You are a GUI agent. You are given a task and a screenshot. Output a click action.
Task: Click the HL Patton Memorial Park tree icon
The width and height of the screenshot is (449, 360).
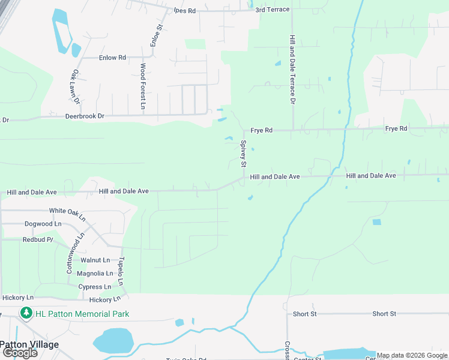pos(26,313)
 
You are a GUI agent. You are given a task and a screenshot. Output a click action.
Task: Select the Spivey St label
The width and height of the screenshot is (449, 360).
pos(244,154)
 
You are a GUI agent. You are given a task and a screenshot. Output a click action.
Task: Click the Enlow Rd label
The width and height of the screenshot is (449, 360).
pos(113,58)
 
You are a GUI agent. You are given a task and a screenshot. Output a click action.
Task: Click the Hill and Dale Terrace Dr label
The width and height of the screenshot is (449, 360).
pos(292,68)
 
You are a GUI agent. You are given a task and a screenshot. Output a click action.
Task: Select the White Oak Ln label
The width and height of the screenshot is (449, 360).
pos(67,211)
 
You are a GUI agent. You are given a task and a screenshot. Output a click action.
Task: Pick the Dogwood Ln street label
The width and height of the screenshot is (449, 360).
pos(43,224)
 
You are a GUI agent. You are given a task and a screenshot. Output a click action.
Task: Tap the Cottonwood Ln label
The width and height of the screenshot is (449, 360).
pos(70,257)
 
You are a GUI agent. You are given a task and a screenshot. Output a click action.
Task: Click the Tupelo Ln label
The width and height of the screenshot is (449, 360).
pos(121,271)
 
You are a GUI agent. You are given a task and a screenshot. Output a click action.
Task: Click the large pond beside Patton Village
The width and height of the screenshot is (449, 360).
pos(112,341)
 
